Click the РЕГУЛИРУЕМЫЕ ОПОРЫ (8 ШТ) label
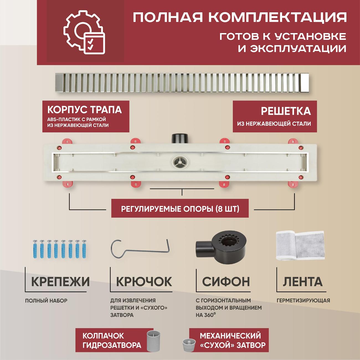180,209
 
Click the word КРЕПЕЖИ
60,282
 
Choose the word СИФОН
226,282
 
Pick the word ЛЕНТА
303,282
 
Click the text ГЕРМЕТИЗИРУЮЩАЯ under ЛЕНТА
303,300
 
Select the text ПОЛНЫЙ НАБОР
46,300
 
